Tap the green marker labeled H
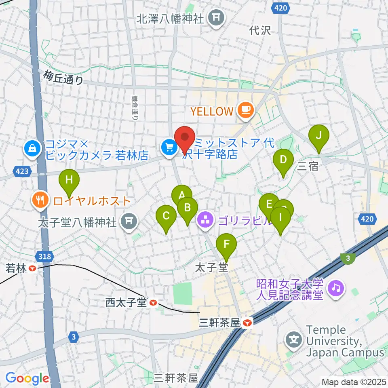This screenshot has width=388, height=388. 69,180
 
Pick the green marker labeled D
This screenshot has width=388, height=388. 283,160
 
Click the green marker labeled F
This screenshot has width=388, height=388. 226,245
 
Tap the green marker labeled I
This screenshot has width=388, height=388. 280,218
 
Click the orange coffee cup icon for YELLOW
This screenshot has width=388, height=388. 245,110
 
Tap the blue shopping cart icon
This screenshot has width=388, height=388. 168,148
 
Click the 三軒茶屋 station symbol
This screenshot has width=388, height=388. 247,323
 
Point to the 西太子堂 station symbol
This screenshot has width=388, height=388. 153,302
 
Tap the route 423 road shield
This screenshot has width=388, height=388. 23,171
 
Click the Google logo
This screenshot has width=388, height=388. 27,378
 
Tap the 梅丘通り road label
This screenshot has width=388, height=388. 64,77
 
